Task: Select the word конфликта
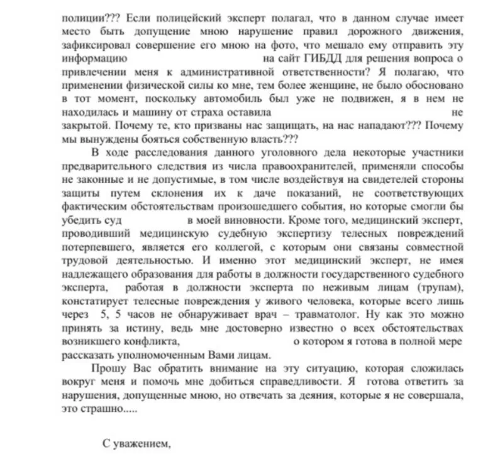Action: click(152, 341)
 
